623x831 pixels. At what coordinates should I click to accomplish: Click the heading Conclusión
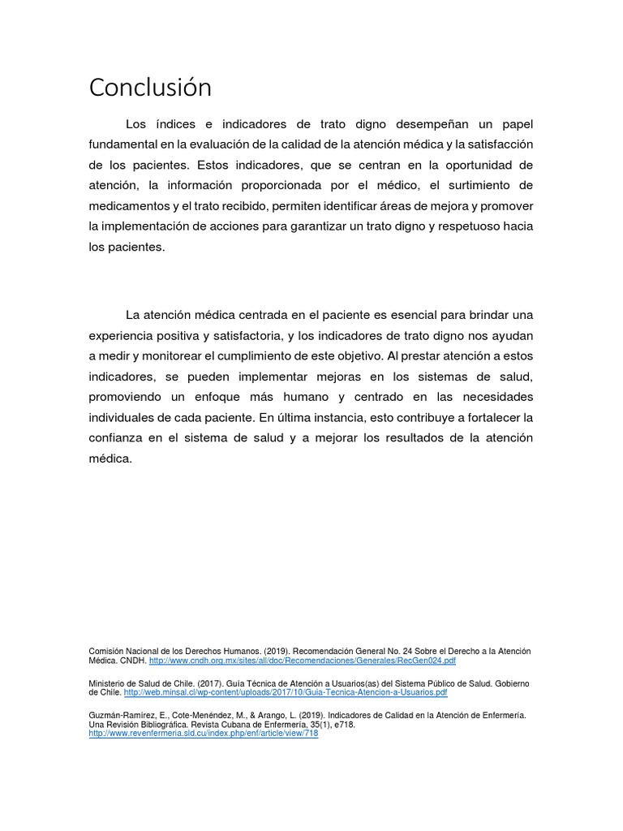pos(150,88)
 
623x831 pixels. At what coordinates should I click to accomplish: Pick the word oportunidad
pos(496,165)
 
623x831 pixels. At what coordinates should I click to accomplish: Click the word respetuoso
pos(462,226)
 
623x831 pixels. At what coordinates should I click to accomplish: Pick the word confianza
pos(118,438)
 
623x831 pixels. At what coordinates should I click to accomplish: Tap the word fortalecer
pos(485,417)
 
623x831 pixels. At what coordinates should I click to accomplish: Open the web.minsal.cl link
pos(285,693)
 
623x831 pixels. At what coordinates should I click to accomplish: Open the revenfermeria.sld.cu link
pos(203,734)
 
